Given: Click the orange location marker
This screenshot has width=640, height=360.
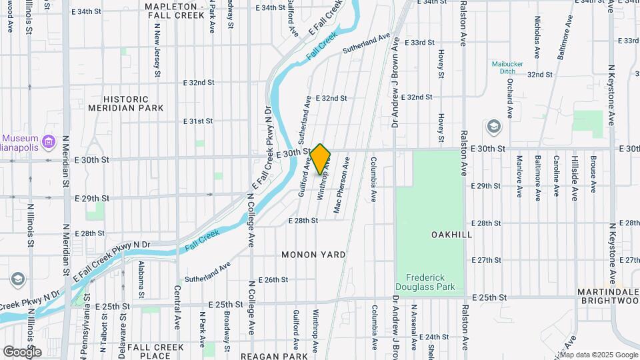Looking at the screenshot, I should pyautogui.click(x=320, y=159).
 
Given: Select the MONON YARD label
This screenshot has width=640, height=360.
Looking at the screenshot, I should pyautogui.click(x=313, y=255).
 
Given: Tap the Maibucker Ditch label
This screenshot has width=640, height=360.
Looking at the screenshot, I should pyautogui.click(x=508, y=67).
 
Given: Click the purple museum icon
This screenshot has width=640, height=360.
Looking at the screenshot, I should pyautogui.click(x=48, y=141).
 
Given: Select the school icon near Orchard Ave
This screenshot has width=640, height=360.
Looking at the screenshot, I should pyautogui.click(x=493, y=126).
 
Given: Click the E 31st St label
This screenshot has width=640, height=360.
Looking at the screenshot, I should pyautogui.click(x=199, y=121).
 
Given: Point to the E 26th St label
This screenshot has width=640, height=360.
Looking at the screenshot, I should pyautogui.click(x=273, y=280).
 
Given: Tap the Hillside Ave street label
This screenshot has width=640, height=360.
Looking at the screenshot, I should pyautogui.click(x=573, y=177).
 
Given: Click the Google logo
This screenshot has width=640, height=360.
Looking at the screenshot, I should pyautogui.click(x=22, y=351).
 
